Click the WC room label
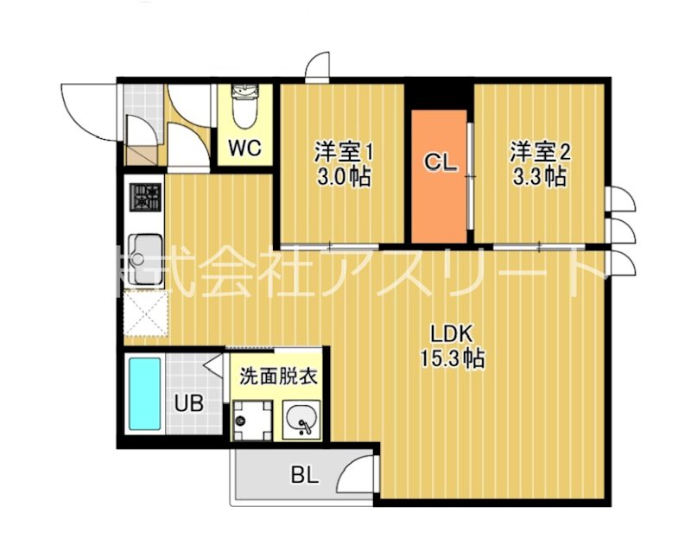244,148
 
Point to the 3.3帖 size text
538,178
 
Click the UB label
190,402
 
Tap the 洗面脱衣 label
276,377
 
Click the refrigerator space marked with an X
145,314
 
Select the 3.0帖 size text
342,178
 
